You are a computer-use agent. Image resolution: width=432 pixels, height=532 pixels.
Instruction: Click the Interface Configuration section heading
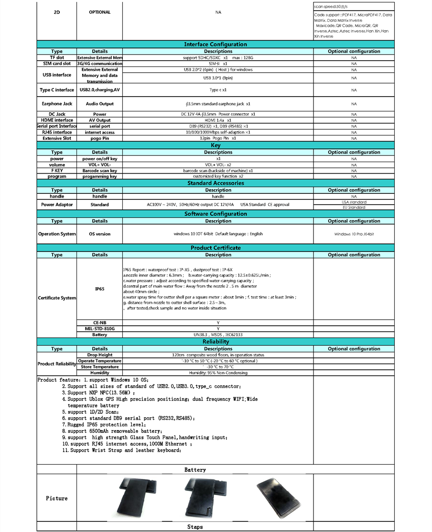pyautogui.click(x=216, y=44)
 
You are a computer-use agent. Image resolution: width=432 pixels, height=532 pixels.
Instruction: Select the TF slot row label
pyautogui.click(x=57, y=57)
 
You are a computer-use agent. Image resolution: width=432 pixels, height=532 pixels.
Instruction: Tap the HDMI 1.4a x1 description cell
pyautogui.click(x=218, y=120)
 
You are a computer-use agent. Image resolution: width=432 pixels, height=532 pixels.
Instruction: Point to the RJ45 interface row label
pyautogui.click(x=57, y=132)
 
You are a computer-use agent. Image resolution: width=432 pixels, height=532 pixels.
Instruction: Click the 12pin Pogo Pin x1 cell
pyautogui.click(x=218, y=138)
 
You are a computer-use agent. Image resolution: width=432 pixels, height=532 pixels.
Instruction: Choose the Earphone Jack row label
pyautogui.click(x=57, y=104)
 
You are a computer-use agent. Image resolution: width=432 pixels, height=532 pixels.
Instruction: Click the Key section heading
pyautogui.click(x=216, y=145)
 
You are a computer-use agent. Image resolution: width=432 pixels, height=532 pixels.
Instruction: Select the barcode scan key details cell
pyautogui.click(x=100, y=170)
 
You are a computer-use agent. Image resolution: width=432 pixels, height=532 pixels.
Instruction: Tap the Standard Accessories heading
pyautogui.click(x=216, y=183)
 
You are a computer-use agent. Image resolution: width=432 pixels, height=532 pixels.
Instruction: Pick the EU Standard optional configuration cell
pyautogui.click(x=354, y=208)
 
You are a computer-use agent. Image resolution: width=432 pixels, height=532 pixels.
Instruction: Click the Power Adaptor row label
pyautogui.click(x=57, y=205)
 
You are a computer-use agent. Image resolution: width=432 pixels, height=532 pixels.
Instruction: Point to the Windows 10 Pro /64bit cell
pyautogui.click(x=354, y=234)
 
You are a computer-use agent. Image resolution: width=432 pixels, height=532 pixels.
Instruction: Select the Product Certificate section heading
pyautogui.click(x=216, y=248)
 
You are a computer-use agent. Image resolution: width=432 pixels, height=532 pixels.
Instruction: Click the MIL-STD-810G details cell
pyautogui.click(x=100, y=329)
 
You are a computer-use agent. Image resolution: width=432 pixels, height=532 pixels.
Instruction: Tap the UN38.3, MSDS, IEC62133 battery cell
pyautogui.click(x=218, y=335)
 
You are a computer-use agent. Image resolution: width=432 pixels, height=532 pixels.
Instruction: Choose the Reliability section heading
pyautogui.click(x=216, y=342)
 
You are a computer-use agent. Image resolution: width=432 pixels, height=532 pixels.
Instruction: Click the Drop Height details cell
pyautogui.click(x=100, y=355)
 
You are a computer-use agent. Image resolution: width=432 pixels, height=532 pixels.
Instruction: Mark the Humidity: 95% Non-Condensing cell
pyautogui.click(x=218, y=373)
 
